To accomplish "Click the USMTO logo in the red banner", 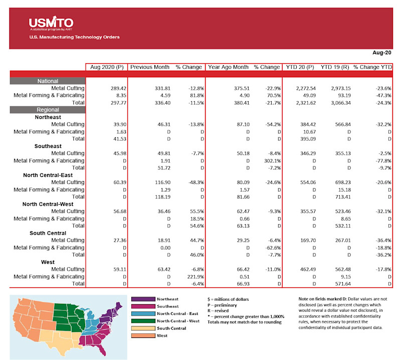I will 51,23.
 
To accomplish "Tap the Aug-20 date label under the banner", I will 382,52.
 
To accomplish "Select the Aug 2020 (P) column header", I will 106,67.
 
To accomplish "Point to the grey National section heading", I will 48,81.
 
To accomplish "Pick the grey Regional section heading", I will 48,110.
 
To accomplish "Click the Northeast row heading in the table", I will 48,117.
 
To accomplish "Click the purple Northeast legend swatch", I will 142,299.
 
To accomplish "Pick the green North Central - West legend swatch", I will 142,321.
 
